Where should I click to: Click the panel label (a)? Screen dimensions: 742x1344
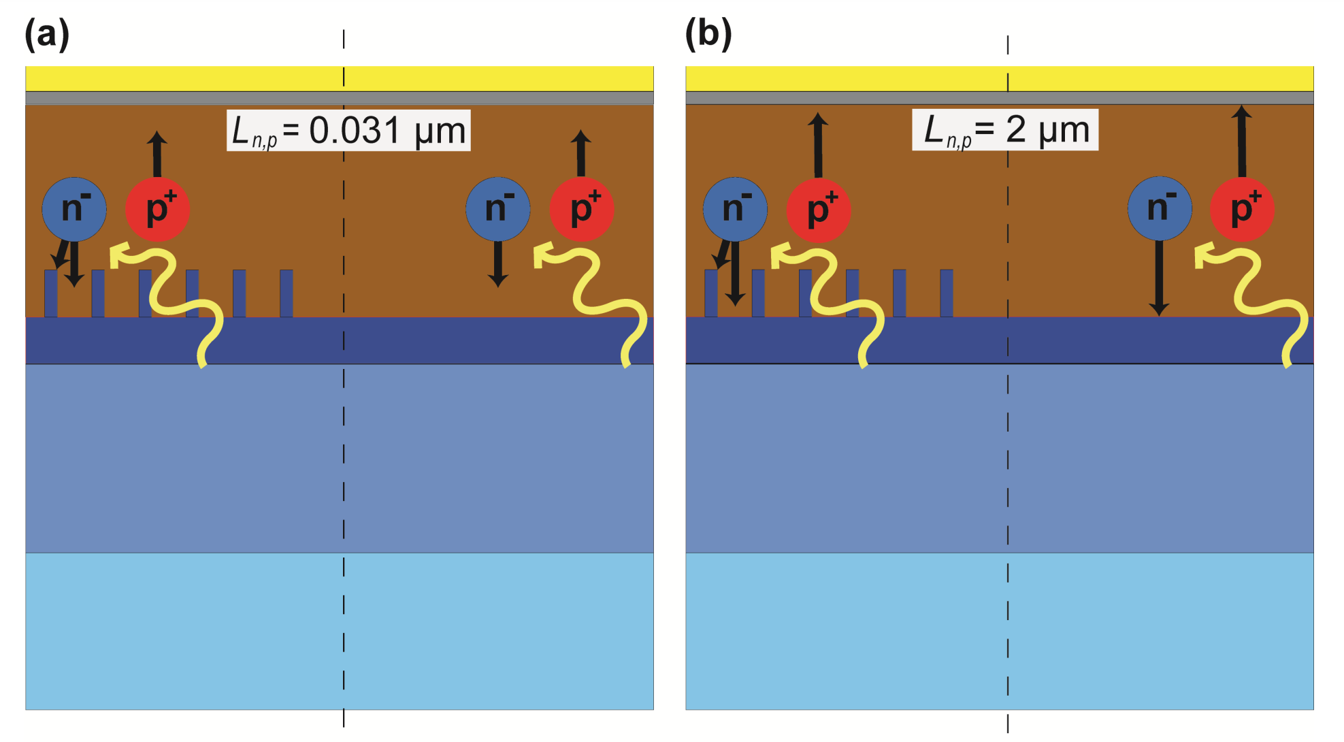click(x=47, y=33)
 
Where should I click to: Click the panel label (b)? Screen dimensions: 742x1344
click(x=708, y=33)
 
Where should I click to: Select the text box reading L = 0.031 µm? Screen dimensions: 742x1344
click(x=348, y=130)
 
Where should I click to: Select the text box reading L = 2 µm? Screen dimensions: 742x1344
click(x=1005, y=129)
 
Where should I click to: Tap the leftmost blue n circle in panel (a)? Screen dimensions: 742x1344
click(x=74, y=209)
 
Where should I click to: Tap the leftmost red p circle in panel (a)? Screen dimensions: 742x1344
click(x=158, y=209)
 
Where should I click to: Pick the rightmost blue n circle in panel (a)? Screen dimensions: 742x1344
click(x=498, y=209)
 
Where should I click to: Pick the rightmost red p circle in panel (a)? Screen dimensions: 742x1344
click(x=582, y=209)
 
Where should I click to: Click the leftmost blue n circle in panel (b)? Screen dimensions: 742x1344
click(x=735, y=209)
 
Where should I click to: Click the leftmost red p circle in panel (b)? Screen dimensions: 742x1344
click(x=819, y=210)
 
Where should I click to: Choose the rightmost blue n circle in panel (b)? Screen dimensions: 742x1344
click(x=1160, y=209)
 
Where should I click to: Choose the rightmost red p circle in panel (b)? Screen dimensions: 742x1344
click(x=1243, y=209)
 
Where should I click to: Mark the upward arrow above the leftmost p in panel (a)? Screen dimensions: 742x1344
click(x=157, y=153)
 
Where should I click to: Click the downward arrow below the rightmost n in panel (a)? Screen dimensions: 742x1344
click(x=498, y=264)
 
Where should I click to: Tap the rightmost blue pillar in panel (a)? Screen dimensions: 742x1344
click(x=286, y=293)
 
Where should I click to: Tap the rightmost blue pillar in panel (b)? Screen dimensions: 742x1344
click(x=947, y=293)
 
